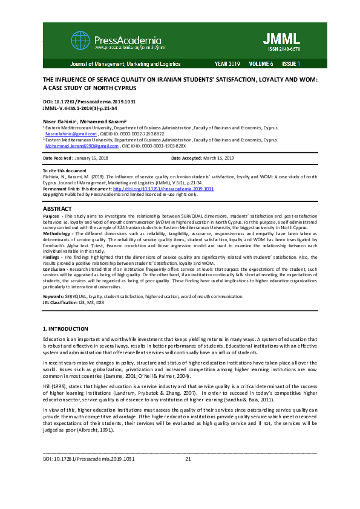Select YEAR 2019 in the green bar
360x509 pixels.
click(227, 63)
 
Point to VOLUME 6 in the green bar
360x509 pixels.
click(261, 63)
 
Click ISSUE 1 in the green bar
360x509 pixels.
click(290, 63)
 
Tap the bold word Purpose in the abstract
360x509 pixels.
click(51, 216)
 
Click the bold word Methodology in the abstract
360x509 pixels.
click(57, 232)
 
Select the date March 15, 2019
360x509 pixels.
click(220, 158)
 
